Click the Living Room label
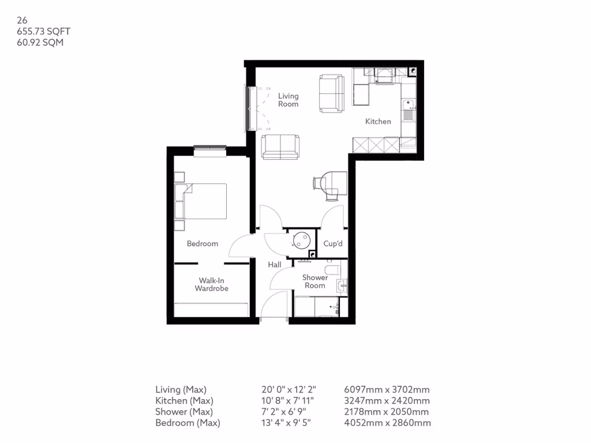288,100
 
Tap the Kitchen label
378,122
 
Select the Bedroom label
203,243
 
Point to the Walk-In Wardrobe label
211,284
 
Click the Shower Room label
315,281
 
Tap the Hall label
274,265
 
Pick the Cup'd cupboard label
333,244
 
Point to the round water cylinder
301,239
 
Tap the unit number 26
22,20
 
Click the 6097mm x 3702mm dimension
386,389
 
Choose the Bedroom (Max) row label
188,423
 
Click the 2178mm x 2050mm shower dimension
386,412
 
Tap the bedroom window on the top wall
210,151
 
